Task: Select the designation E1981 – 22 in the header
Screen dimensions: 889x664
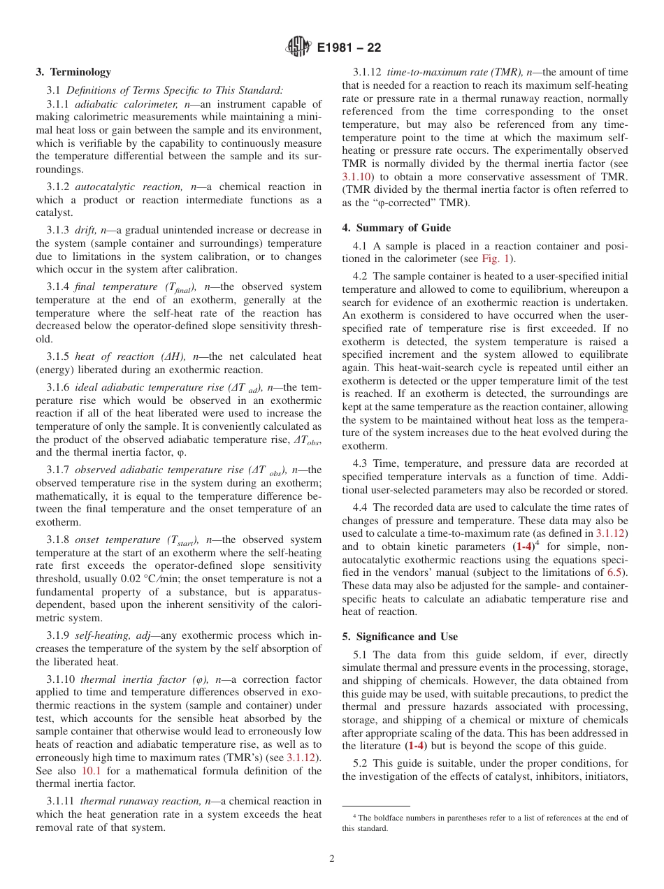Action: pyautogui.click(x=349, y=48)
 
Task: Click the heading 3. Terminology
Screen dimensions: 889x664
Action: pyautogui.click(x=73, y=72)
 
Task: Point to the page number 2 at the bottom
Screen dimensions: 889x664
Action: pyautogui.click(x=332, y=859)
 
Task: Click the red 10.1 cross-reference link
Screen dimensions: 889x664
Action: pyautogui.click(x=92, y=771)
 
